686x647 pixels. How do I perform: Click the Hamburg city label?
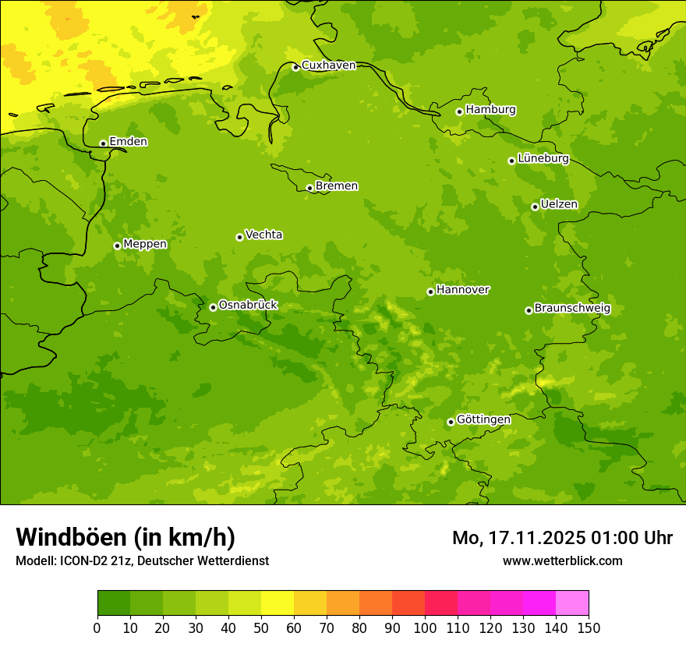(490, 110)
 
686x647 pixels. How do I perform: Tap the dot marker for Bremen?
(309, 188)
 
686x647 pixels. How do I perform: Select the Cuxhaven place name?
(328, 65)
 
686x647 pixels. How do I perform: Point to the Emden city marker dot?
(103, 143)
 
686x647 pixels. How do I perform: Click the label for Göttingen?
(483, 420)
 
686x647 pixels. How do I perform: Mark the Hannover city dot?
(430, 292)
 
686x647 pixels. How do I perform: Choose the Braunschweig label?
(572, 309)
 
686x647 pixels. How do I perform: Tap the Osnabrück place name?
(248, 306)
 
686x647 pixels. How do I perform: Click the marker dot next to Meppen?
(117, 246)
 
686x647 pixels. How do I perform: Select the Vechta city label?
(263, 235)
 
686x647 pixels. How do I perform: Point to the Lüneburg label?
(543, 159)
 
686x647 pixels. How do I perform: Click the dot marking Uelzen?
(535, 207)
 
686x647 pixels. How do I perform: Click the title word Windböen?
(72, 538)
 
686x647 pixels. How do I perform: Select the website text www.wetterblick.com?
(562, 561)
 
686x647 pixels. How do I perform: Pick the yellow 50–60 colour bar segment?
(278, 603)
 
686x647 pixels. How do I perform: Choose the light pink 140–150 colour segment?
(572, 603)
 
